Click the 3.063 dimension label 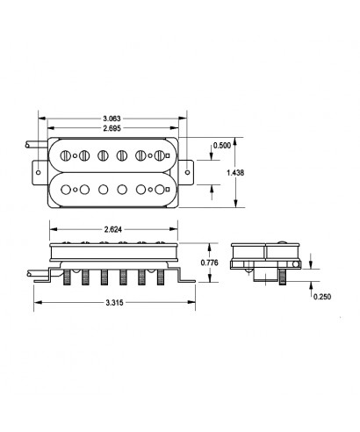click(x=112, y=119)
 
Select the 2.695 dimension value click(x=112, y=128)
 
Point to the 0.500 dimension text click(x=222, y=146)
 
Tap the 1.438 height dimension click(x=235, y=173)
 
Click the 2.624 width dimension click(x=113, y=229)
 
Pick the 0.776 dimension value click(x=209, y=263)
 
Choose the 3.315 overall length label click(x=114, y=303)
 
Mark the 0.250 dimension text click(x=322, y=297)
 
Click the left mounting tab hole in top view click(x=38, y=172)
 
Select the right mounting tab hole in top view click(x=188, y=172)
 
